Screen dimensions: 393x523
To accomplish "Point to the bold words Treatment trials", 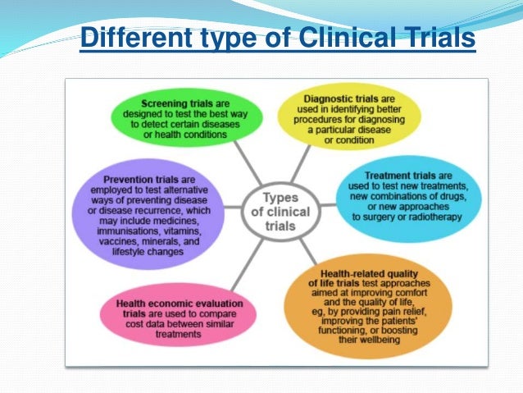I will [x=398, y=176].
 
